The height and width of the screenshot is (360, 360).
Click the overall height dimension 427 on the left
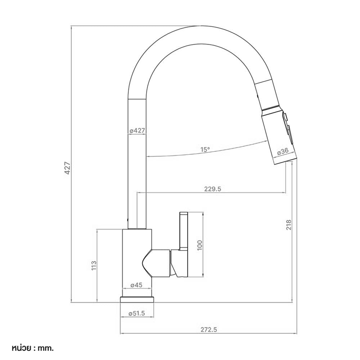(68, 168)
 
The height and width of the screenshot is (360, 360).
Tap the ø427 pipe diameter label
(137, 131)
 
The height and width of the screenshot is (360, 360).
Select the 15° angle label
(205, 149)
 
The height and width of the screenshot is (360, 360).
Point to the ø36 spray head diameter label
(283, 151)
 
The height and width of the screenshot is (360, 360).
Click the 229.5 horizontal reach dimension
(213, 189)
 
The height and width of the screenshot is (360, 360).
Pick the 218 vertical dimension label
(289, 225)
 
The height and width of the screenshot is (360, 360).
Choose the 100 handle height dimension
(200, 245)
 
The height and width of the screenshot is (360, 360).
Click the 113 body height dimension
(94, 265)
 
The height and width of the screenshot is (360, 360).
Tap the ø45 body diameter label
(136, 285)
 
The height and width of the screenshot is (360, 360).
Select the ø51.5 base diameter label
(137, 314)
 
